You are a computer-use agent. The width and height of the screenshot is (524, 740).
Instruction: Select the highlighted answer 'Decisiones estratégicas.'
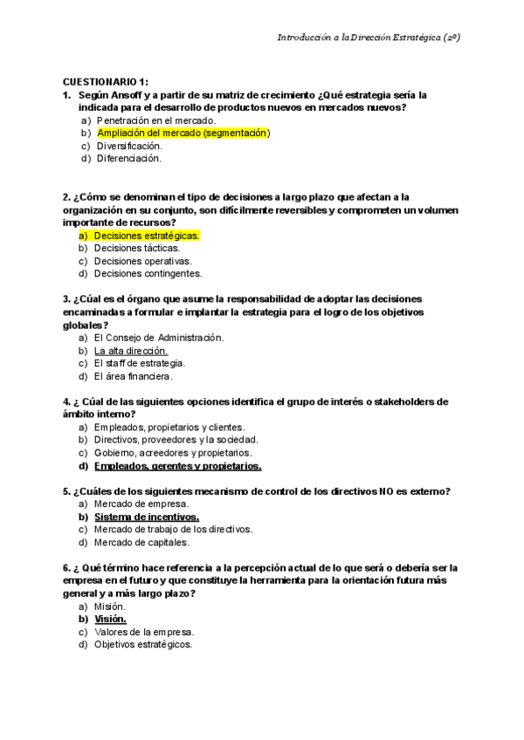(x=147, y=236)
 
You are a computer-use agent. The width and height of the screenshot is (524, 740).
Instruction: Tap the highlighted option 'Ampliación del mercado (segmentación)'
(x=183, y=133)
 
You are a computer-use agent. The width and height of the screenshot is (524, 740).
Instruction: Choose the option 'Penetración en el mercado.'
(x=156, y=120)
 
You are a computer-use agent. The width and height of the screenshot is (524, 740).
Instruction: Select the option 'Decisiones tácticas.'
(x=136, y=248)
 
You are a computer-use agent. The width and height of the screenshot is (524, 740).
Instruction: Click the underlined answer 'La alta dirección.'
(x=130, y=350)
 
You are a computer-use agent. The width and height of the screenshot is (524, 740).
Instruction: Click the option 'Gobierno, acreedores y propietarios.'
(x=172, y=453)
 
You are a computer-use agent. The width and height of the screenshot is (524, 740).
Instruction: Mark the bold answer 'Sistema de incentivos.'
(x=141, y=517)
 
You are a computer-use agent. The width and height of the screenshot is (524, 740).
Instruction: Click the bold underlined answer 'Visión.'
(x=111, y=619)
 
